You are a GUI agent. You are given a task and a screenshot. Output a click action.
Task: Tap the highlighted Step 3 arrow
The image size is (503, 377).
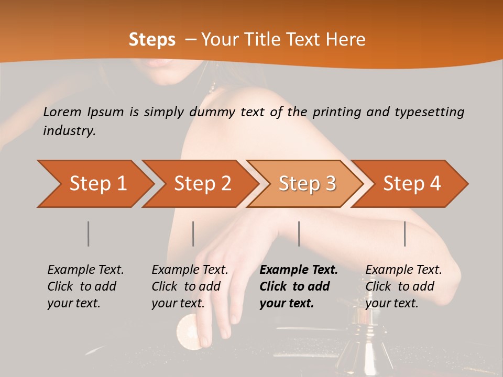[307, 184]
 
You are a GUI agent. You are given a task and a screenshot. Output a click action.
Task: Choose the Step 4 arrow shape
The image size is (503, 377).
[412, 184]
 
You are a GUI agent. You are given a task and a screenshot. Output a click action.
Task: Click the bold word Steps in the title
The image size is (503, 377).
[152, 40]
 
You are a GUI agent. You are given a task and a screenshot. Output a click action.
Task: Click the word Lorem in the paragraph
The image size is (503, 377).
[62, 112]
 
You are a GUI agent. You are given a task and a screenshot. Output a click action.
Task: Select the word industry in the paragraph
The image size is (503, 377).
[68, 131]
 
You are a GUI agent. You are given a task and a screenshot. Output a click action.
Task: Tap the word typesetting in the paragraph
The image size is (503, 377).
[430, 112]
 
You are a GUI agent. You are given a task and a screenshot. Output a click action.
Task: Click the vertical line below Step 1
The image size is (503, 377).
[88, 234]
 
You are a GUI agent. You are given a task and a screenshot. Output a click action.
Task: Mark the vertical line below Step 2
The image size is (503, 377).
[193, 234]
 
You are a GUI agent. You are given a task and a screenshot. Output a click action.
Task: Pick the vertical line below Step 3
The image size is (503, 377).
[299, 234]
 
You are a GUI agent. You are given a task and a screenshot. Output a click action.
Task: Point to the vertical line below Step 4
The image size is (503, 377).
[404, 234]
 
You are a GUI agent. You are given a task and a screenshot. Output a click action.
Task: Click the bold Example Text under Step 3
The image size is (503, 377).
[299, 270]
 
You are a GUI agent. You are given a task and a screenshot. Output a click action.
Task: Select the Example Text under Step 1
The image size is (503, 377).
[85, 270]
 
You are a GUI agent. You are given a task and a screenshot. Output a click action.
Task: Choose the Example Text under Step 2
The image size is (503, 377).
[190, 270]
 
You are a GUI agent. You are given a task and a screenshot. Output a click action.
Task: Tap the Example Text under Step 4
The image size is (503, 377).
[403, 270]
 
